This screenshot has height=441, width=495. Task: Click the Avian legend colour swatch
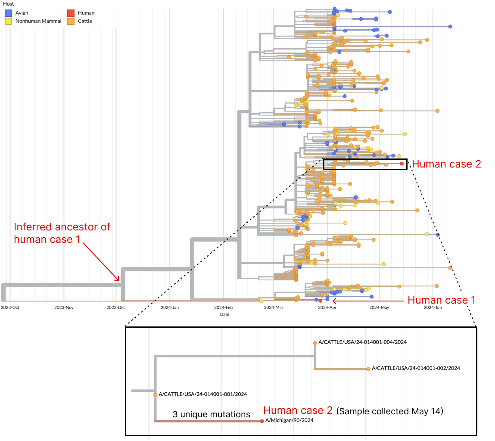tap(8, 13)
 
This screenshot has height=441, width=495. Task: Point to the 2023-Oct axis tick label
tap(10, 307)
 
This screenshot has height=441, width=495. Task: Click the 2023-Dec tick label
tap(116, 307)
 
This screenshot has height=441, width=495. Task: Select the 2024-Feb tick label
tap(223, 307)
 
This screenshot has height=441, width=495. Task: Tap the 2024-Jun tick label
tap(433, 307)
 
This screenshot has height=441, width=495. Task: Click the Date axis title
tap(224, 314)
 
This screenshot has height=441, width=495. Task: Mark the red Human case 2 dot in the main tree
tap(402, 164)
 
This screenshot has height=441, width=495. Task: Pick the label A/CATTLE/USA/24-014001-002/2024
tap(416, 368)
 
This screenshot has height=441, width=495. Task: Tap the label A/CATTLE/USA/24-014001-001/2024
tap(202, 394)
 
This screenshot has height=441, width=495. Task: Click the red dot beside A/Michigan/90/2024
tap(262, 421)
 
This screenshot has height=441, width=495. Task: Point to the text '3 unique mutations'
tap(211, 415)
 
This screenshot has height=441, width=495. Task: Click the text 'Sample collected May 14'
tap(389, 411)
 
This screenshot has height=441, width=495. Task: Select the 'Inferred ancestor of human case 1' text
tap(62, 233)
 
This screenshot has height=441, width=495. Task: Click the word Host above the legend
tap(8, 4)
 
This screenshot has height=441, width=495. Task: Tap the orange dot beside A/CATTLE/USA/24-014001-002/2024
tap(368, 369)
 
